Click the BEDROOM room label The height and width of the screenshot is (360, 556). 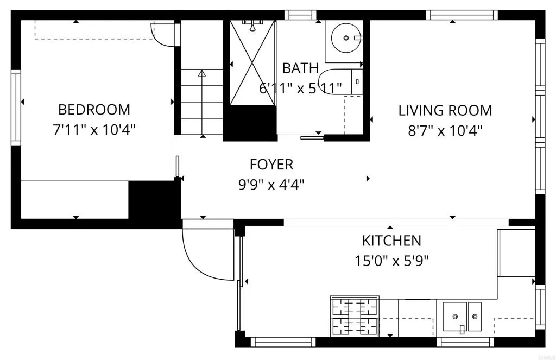94,110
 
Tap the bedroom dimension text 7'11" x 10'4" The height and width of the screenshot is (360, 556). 94,130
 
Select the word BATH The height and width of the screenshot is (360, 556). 300,68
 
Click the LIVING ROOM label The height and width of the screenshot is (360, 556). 445,111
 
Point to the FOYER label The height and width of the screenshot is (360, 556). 271,164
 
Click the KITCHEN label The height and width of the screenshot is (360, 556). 391,241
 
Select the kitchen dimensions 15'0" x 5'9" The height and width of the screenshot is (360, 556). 391,261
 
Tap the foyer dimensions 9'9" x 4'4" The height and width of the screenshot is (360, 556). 271,185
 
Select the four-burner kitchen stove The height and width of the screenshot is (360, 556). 355,317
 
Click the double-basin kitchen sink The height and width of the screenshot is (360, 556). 462,317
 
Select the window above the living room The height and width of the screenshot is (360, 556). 462,15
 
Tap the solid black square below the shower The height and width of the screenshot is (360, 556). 250,123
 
